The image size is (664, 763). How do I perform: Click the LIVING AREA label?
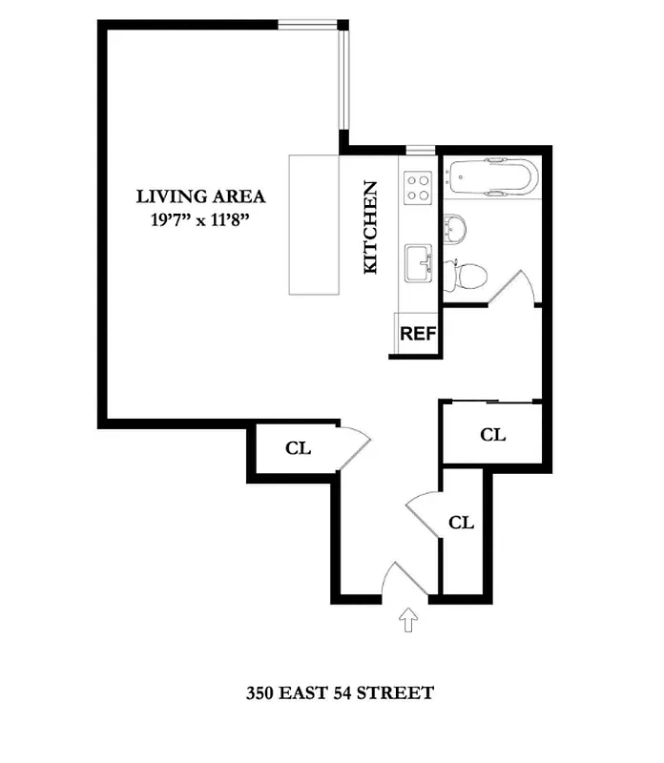pos(200,197)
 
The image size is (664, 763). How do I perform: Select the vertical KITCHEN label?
pos(371,228)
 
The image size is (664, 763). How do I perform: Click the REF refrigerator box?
pos(418,334)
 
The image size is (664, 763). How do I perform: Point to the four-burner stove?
pos(419,186)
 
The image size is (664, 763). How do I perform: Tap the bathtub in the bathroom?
pos(493,177)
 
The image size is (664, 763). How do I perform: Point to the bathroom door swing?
pos(512,287)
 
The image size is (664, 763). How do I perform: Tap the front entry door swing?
pos(399,581)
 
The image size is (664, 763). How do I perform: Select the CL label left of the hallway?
pos(299,448)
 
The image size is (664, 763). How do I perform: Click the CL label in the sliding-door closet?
pos(492,435)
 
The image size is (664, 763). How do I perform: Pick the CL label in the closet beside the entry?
pos(462,523)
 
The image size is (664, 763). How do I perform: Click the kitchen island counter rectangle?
pos(315,225)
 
